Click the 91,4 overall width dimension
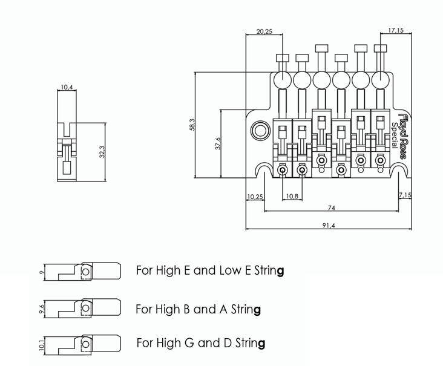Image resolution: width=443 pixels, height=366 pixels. coord(330,225)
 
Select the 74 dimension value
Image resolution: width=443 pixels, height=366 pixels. coord(331,208)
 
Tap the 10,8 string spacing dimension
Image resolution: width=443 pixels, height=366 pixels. coord(292,197)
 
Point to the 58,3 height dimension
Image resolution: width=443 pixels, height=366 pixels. coord(192,125)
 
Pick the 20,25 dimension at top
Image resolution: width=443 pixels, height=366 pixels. coord(264,31)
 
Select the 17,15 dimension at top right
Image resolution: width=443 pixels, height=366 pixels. coord(396,30)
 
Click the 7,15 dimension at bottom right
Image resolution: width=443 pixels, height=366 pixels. coord(404,195)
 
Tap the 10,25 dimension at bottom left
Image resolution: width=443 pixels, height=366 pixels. coord(255,197)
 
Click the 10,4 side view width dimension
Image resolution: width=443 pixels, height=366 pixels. coord(67,88)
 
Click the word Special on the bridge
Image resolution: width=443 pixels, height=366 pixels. coord(394,134)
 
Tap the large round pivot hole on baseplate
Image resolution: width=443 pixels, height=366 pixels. coord(261,129)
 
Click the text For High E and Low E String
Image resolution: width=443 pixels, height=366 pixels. coord(210,270)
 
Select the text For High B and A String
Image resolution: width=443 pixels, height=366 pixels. coord(198,309)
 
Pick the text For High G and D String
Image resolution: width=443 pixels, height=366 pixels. coord(201,344)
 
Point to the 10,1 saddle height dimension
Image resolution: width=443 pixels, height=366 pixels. coord(41,345)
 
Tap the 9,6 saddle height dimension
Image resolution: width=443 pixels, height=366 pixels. coord(41,309)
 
